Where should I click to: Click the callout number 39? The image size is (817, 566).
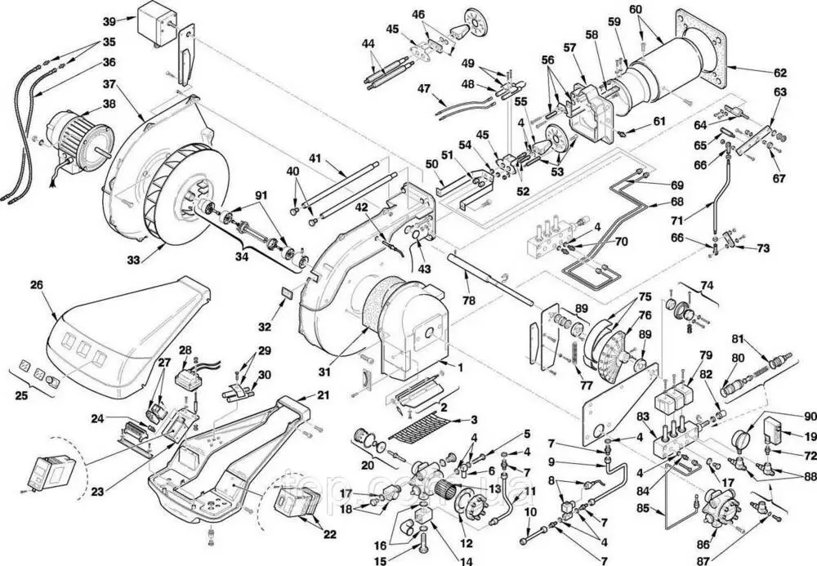(109, 20)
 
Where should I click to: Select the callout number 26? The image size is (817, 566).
(36, 285)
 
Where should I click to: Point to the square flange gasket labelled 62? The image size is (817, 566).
(700, 49)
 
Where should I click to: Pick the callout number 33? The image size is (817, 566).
(133, 258)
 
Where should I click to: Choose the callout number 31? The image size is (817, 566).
(326, 372)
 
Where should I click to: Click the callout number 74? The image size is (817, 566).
(707, 286)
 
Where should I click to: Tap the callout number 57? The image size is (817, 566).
(569, 47)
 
